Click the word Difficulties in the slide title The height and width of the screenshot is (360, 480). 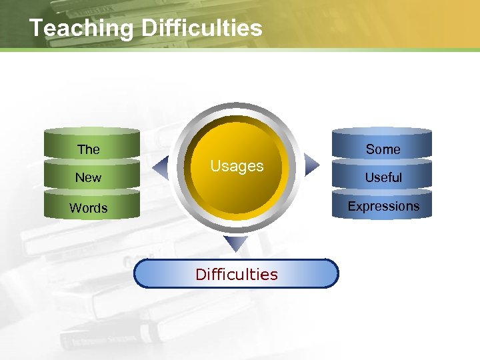click(203, 28)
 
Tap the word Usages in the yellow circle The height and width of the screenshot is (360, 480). click(237, 166)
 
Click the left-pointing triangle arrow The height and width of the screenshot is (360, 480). click(159, 163)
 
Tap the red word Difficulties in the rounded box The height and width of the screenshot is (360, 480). click(236, 274)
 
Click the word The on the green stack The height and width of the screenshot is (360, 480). click(89, 149)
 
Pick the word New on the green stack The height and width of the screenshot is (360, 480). click(89, 177)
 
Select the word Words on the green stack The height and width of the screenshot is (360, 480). click(89, 208)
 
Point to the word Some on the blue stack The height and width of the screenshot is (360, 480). click(383, 149)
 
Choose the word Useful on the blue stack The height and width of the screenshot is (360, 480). click(383, 177)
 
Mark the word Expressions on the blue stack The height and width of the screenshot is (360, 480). click(383, 206)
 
